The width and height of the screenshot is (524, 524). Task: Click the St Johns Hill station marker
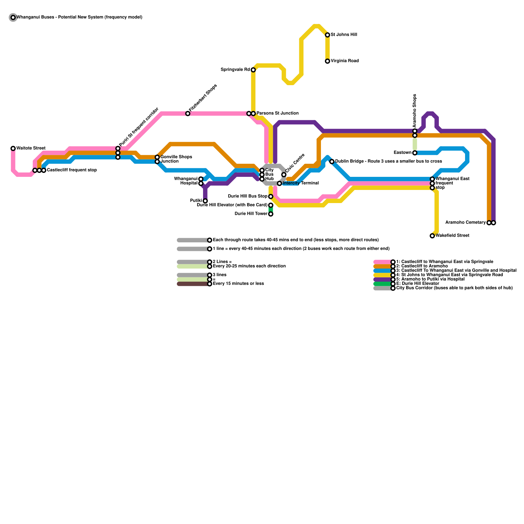[327, 35]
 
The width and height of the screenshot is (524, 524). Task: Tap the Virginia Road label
[345, 61]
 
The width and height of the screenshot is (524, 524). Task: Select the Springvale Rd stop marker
[253, 70]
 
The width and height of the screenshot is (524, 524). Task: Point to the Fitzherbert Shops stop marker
[188, 114]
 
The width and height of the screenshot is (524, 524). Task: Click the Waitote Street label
[31, 148]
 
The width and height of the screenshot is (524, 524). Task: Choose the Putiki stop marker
[205, 201]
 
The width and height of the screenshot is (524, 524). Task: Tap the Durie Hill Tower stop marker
[271, 214]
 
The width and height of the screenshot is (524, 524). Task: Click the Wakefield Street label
[452, 235]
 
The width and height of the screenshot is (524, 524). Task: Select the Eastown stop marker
[415, 153]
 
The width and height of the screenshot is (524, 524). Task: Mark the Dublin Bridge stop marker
[332, 161]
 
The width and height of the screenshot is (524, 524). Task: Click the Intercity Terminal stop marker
[279, 183]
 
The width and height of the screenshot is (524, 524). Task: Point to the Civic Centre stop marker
[284, 175]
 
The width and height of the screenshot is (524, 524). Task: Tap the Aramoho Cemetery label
[465, 223]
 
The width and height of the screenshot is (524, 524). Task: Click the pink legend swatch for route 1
[383, 262]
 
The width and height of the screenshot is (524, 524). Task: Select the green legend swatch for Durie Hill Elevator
[383, 284]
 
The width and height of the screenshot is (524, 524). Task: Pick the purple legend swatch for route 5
[383, 279]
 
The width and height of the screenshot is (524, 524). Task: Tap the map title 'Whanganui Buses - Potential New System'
[79, 17]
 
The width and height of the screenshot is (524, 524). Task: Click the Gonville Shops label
[176, 157]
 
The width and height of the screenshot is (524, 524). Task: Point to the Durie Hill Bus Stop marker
[271, 196]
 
